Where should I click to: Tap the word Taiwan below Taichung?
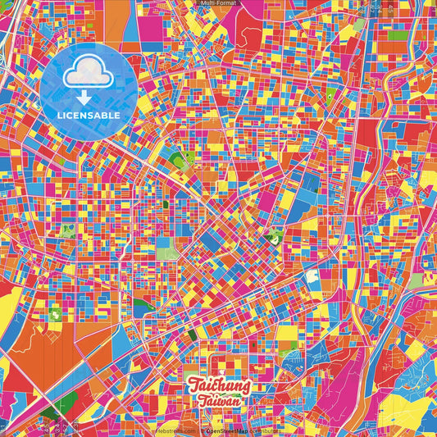218,402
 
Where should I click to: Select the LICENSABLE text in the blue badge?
89,115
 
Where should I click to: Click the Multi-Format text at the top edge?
218,3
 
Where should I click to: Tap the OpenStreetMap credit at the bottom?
230,430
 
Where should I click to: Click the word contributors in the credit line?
265,430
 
